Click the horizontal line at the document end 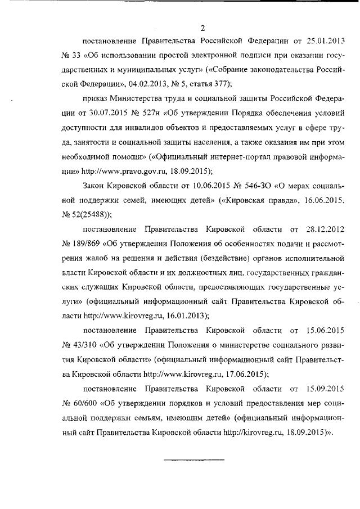[193, 461]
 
